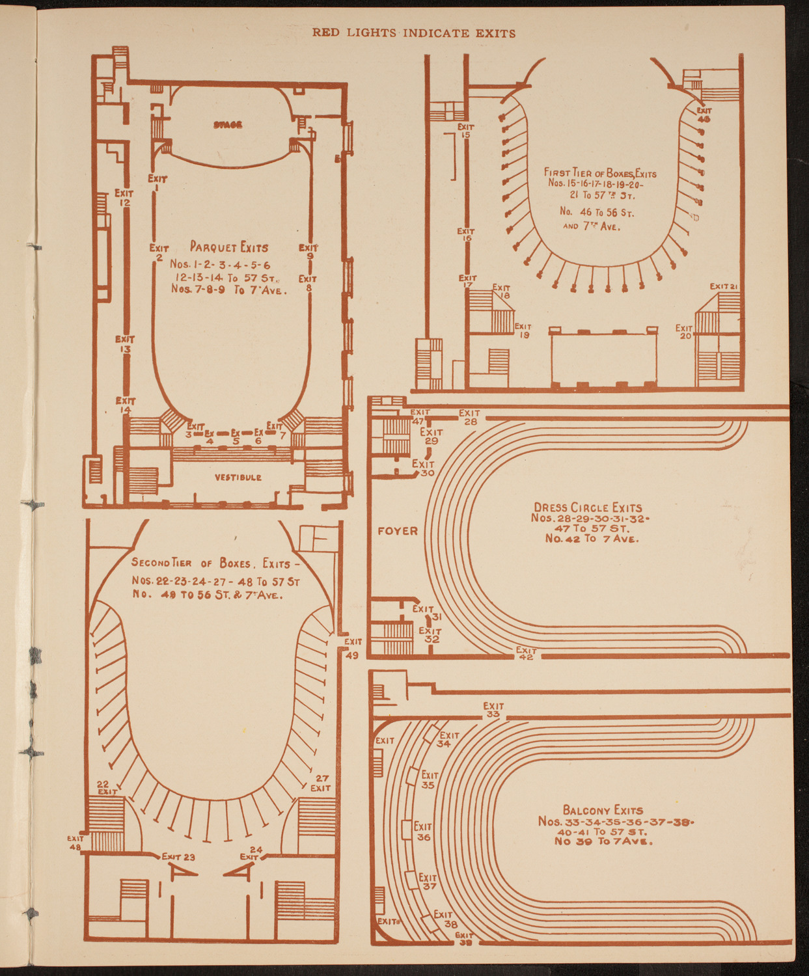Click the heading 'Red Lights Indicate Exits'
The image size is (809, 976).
pyautogui.click(x=414, y=33)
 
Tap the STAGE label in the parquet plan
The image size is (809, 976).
pyautogui.click(x=228, y=124)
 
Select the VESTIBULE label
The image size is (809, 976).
pyautogui.click(x=238, y=478)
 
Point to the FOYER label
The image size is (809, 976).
pyautogui.click(x=398, y=531)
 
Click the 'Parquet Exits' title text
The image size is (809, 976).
pyautogui.click(x=229, y=247)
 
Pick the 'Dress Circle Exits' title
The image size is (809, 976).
pyautogui.click(x=588, y=508)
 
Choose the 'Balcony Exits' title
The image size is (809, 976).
pyautogui.click(x=603, y=810)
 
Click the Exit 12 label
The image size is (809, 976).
pyautogui.click(x=124, y=198)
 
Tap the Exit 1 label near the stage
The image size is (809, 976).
pyautogui.click(x=158, y=183)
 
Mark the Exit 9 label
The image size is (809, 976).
pyautogui.click(x=309, y=252)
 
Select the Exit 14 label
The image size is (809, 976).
pyautogui.click(x=125, y=405)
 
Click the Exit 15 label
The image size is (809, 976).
pyautogui.click(x=466, y=131)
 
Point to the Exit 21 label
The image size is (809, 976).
pyautogui.click(x=722, y=286)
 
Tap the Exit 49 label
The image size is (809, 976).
pyautogui.click(x=353, y=648)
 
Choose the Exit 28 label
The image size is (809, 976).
pyautogui.click(x=469, y=417)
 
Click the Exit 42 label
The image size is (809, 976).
pyautogui.click(x=527, y=653)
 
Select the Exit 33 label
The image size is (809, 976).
pyautogui.click(x=493, y=710)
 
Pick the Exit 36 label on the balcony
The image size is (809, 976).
pyautogui.click(x=423, y=832)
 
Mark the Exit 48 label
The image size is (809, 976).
pyautogui.click(x=75, y=843)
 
